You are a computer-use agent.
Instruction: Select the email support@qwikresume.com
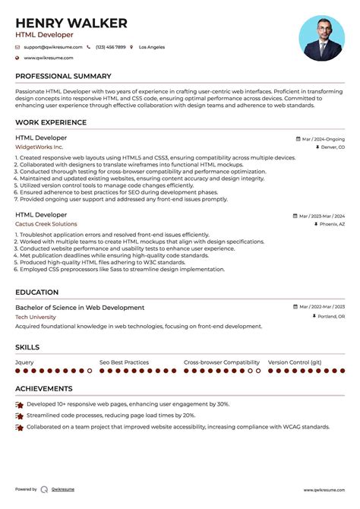pos(49,47)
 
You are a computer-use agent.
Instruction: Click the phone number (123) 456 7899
pos(111,47)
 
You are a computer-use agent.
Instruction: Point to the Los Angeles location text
pos(152,47)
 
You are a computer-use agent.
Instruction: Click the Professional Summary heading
pos(63,77)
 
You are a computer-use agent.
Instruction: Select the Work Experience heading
pos(50,122)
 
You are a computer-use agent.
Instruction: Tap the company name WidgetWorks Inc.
pos(39,147)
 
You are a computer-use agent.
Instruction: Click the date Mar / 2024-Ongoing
pos(323,140)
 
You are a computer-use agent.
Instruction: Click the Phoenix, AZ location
pos(331,225)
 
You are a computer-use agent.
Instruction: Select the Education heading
pos(36,292)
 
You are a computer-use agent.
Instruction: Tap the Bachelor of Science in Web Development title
pos(80,308)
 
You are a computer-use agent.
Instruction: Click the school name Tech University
pos(36,317)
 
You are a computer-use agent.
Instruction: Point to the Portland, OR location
pos(330,317)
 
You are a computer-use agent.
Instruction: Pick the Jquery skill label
pos(25,362)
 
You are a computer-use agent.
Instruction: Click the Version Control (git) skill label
pos(295,362)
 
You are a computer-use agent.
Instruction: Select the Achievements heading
pos(45,389)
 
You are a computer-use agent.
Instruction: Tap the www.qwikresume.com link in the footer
pos(325,490)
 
